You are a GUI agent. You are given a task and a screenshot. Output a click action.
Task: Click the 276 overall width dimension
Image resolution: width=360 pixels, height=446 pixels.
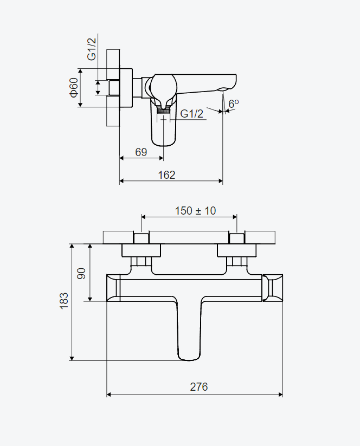tap(198, 387)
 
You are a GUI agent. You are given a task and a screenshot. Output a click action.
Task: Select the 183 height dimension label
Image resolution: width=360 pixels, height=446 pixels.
tap(64, 301)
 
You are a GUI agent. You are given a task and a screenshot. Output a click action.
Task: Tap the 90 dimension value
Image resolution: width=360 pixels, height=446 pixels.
tap(81, 273)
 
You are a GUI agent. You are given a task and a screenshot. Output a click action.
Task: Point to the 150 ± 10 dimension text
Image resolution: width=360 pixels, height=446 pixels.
tap(195, 210)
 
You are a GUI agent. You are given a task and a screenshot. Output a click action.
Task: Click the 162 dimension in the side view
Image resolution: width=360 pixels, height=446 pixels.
tap(166, 174)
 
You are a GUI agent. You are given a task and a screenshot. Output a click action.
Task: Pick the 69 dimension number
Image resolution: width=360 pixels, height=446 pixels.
tap(141, 152)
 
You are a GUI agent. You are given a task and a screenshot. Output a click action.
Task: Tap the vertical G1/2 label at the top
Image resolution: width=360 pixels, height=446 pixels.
tap(92, 48)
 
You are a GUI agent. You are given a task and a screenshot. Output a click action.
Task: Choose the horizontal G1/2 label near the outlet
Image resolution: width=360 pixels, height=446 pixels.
tap(192, 114)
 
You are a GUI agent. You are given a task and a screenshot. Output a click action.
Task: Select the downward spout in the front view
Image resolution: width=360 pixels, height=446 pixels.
tap(189, 331)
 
